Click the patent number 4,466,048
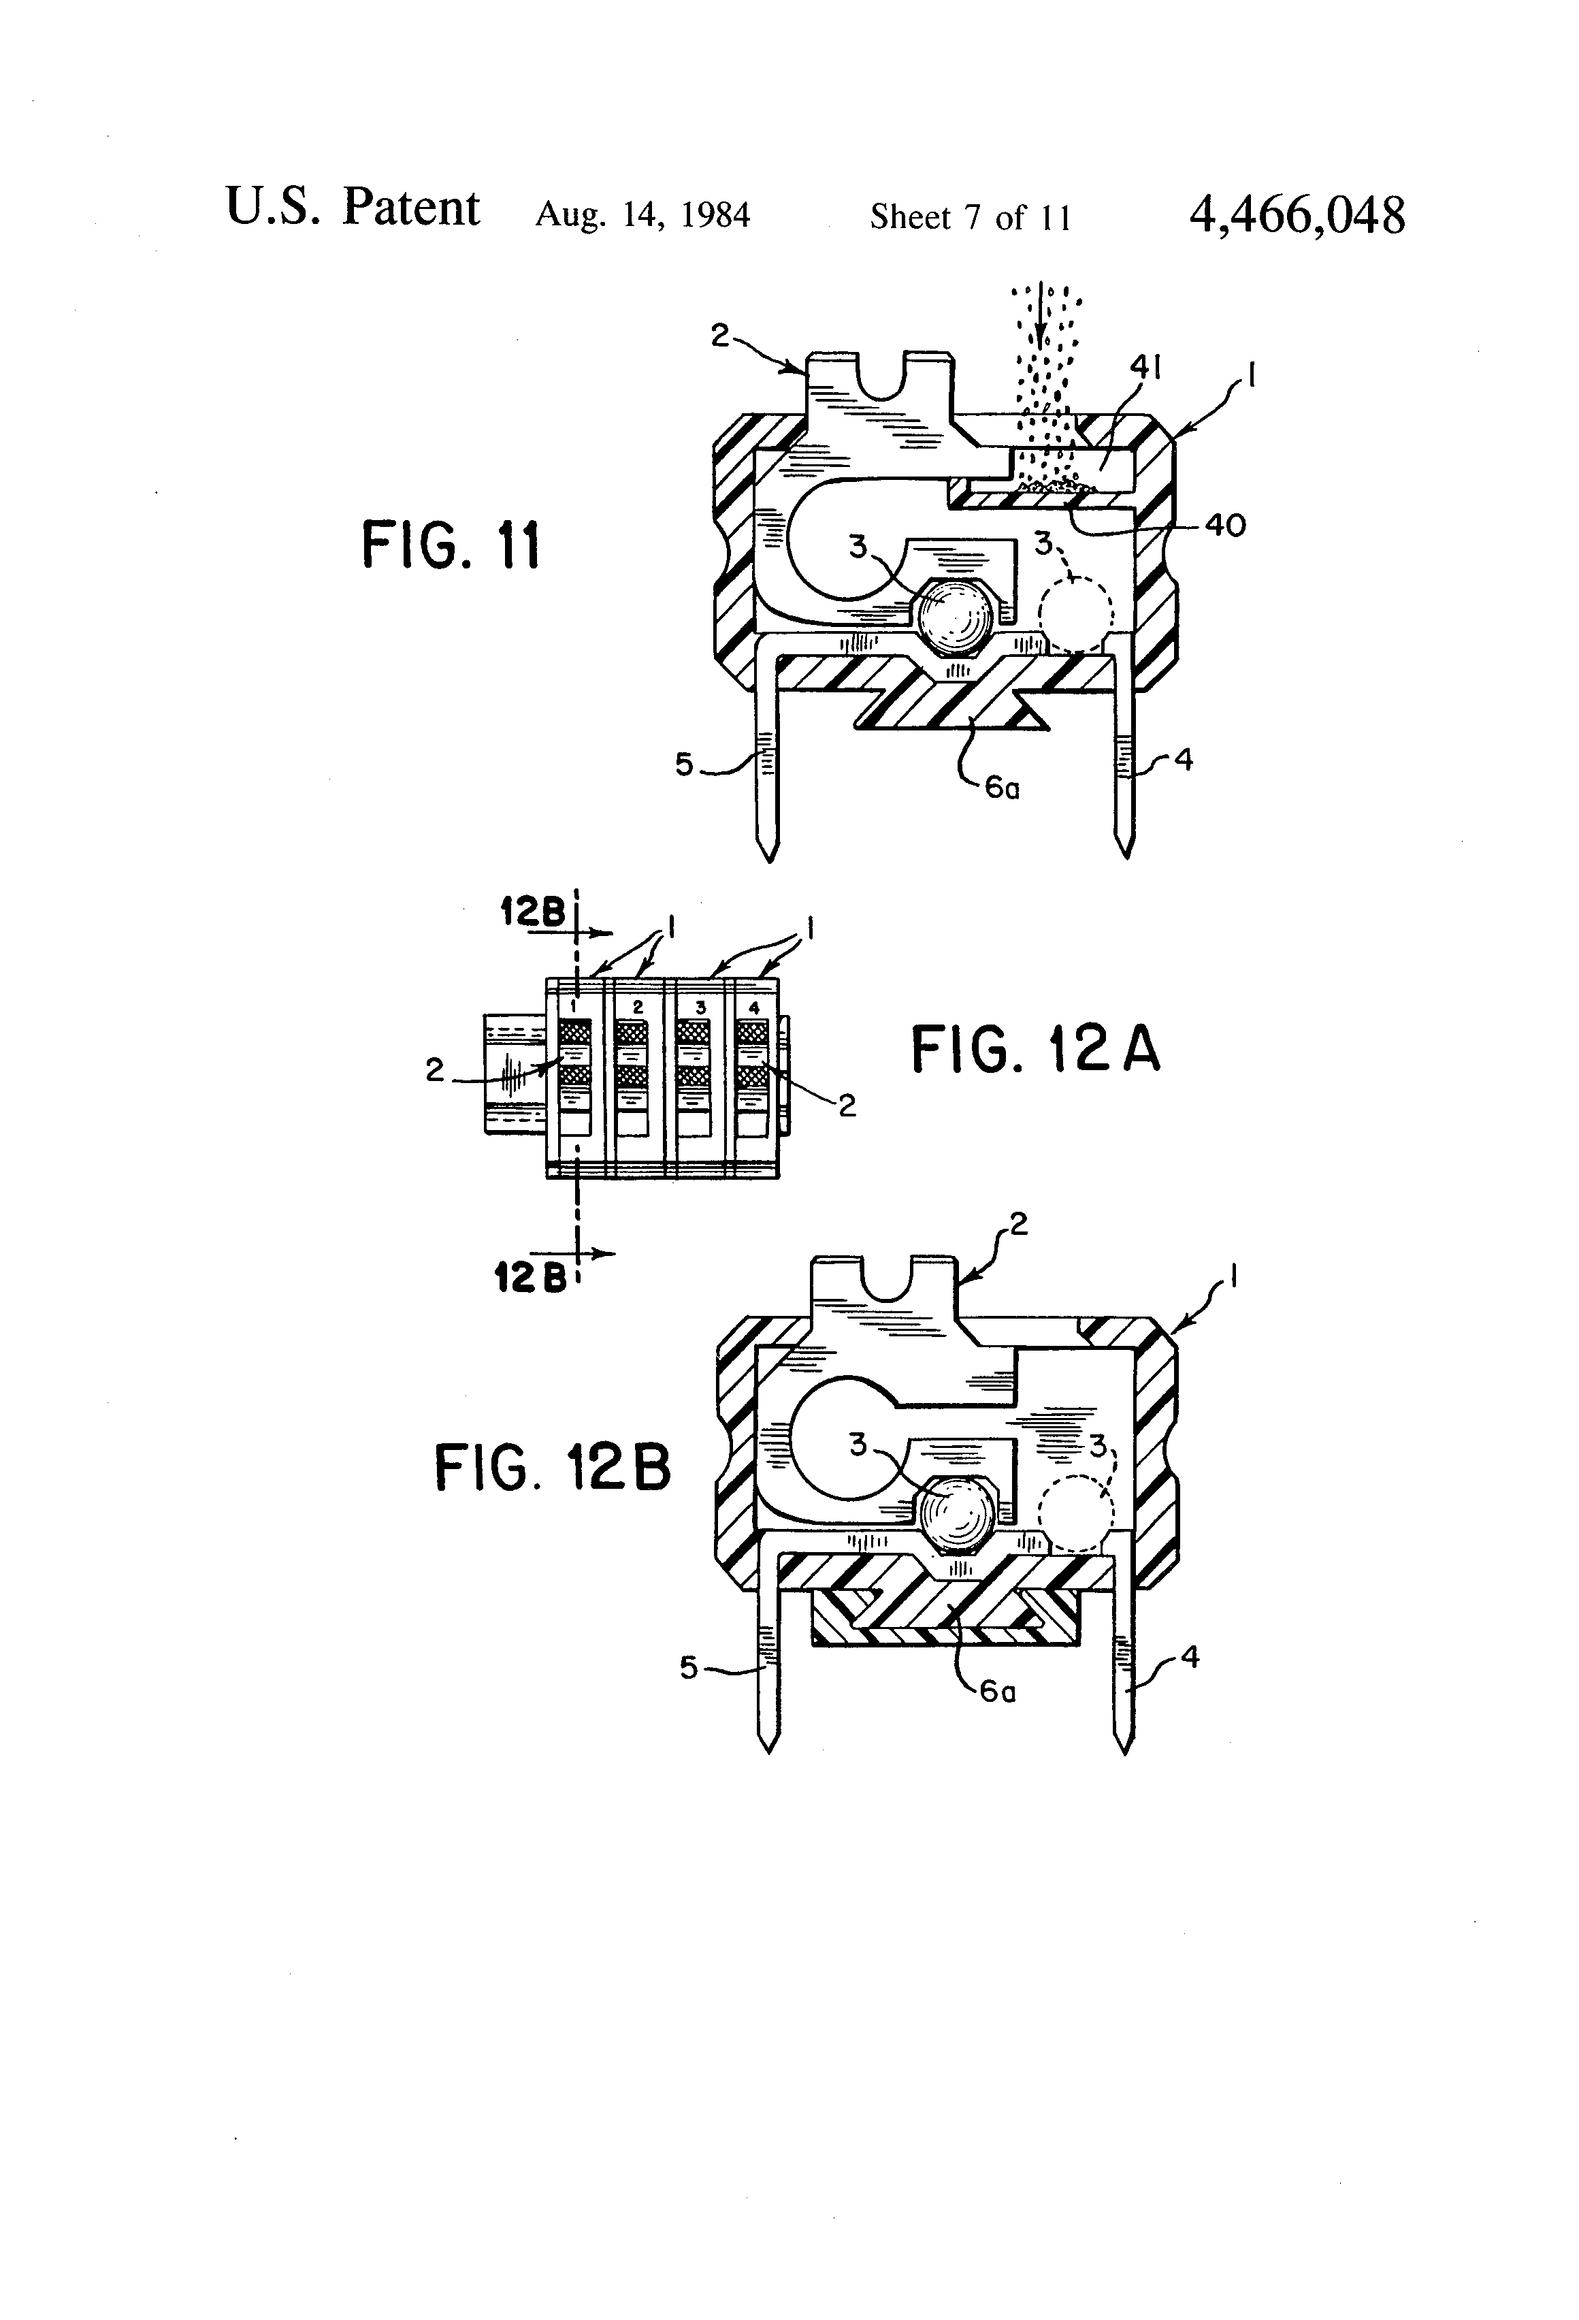click(x=1297, y=214)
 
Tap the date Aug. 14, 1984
click(x=642, y=214)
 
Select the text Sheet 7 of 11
click(x=970, y=216)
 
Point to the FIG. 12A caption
click(x=1035, y=1050)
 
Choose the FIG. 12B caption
click(x=552, y=1468)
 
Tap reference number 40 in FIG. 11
click(x=1224, y=524)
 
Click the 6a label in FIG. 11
click(x=1001, y=788)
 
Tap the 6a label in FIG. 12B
click(x=997, y=1690)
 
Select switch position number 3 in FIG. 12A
click(x=700, y=1008)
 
